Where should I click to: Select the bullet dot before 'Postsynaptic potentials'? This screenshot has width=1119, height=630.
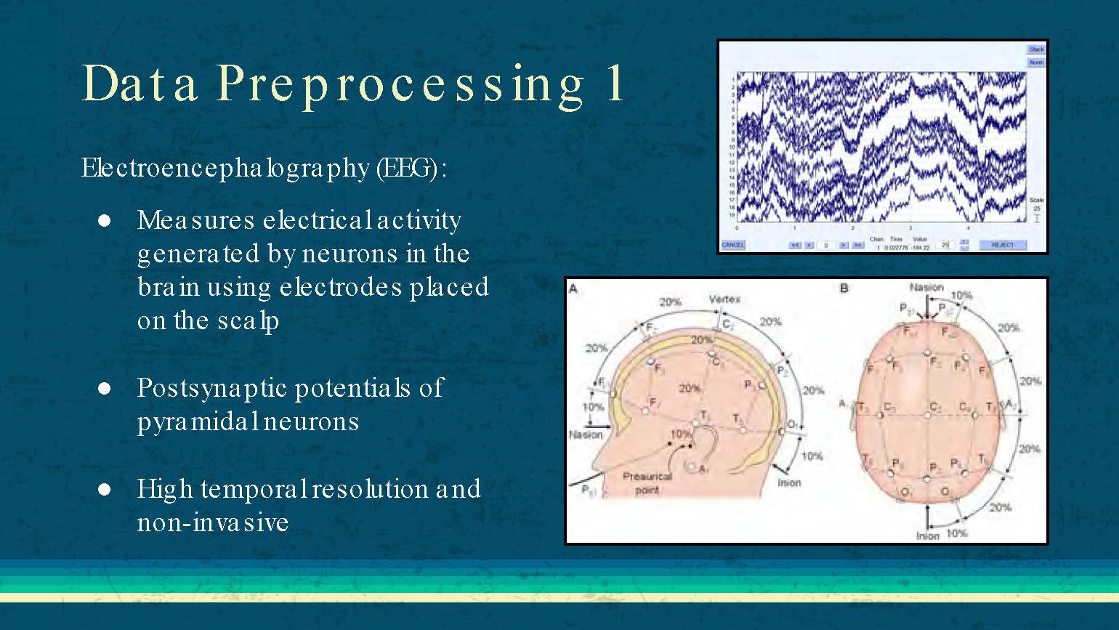104,389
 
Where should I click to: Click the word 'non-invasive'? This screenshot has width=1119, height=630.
213,522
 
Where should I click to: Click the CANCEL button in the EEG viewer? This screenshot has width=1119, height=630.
732,245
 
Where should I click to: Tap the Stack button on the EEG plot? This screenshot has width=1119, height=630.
1036,49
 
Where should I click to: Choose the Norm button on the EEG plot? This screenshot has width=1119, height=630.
1036,62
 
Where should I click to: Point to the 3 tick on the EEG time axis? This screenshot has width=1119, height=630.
910,228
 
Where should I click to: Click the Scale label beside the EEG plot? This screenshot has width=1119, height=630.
1036,200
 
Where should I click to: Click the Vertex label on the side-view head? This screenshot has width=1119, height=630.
724,299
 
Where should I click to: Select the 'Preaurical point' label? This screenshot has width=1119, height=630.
647,483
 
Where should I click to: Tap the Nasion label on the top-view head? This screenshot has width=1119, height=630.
926,288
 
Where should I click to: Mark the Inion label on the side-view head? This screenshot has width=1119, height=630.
789,482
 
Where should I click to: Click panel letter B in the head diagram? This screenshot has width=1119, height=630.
844,288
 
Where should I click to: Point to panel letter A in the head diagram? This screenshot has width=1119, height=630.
573,288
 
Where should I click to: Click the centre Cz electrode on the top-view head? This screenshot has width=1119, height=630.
928,415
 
